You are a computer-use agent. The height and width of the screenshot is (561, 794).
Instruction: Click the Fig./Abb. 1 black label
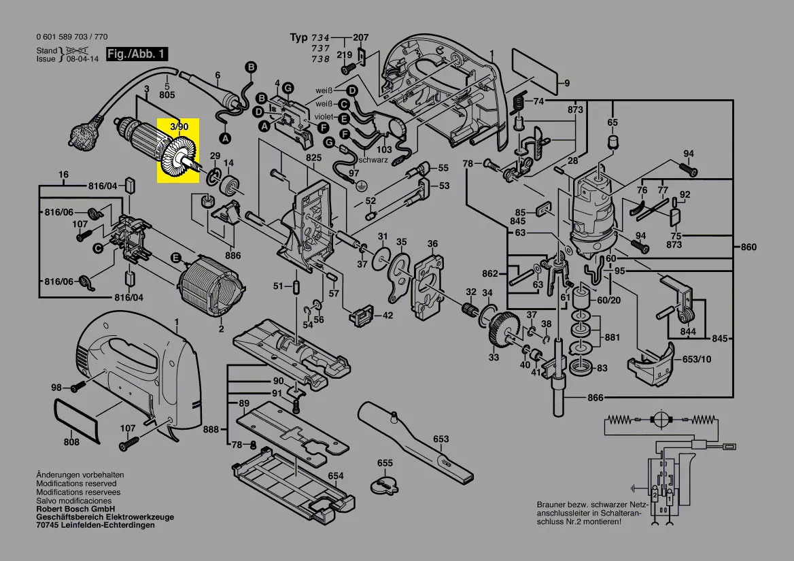(x=136, y=54)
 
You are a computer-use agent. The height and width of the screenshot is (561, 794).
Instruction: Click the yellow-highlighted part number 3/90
(x=179, y=126)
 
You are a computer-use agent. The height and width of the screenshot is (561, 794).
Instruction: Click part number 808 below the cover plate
(x=71, y=443)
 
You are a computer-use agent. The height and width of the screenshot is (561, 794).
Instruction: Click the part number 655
(x=385, y=463)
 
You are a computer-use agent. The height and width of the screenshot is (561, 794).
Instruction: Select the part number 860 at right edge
(x=748, y=247)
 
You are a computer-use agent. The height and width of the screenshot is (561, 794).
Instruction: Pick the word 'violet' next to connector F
(x=324, y=117)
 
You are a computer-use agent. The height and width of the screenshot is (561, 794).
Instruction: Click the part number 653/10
(x=697, y=358)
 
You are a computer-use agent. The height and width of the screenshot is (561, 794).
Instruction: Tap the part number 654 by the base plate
(x=335, y=476)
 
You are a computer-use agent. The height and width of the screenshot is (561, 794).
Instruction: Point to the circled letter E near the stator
(x=175, y=258)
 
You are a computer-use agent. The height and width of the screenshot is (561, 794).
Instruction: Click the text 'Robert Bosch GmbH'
(x=75, y=509)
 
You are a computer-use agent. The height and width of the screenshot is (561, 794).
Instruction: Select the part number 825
(x=313, y=158)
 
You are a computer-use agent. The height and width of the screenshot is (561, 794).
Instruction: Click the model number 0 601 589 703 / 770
(x=71, y=37)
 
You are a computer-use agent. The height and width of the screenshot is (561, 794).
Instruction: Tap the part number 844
(x=688, y=332)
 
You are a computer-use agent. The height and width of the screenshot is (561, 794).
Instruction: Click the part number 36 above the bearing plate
(x=432, y=243)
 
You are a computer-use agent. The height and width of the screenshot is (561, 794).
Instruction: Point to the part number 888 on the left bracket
(x=211, y=429)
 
